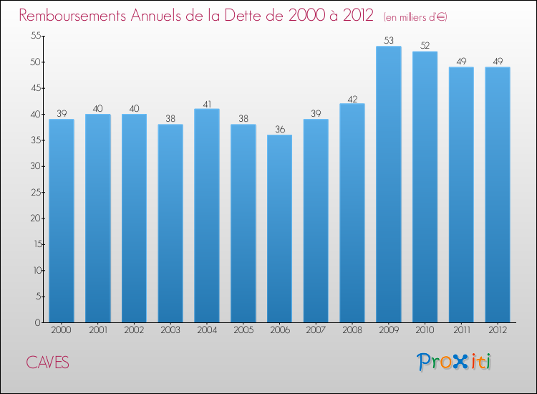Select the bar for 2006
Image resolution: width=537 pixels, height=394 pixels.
(279, 229)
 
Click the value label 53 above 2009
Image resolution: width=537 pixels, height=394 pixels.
(388, 40)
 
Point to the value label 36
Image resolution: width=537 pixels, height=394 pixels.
(279, 129)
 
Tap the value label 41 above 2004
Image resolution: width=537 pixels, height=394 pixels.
(207, 103)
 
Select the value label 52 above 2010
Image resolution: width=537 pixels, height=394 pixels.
(425, 46)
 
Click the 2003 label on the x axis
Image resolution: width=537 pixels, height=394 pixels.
(170, 331)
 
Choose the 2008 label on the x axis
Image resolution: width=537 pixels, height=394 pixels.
(352, 331)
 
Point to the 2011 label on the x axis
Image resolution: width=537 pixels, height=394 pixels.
(461, 331)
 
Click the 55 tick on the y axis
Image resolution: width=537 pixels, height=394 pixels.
(34, 36)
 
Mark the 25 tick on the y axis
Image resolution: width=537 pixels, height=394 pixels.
(34, 192)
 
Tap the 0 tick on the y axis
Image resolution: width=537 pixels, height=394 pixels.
(37, 322)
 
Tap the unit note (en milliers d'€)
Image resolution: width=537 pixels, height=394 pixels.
(415, 16)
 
